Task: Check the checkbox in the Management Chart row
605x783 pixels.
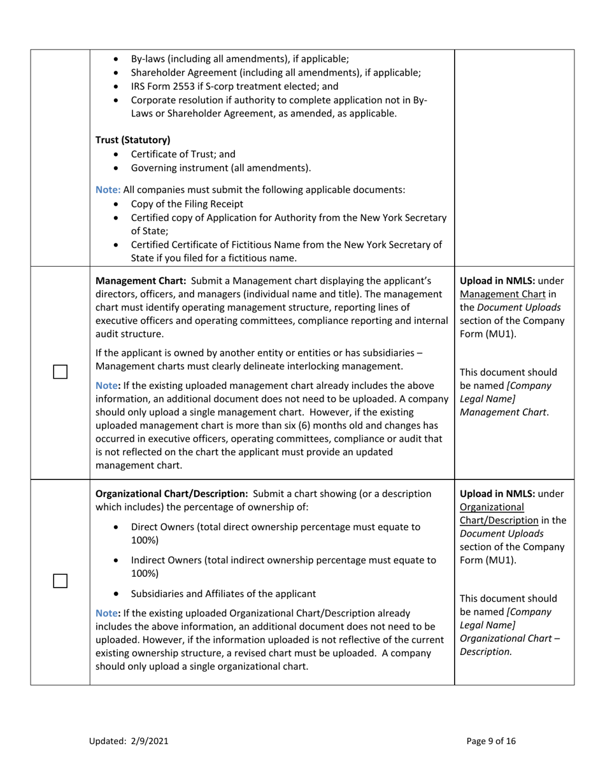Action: click(x=60, y=372)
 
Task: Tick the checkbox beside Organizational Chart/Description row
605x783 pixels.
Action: click(x=60, y=581)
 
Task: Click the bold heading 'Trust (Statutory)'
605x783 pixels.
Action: click(x=132, y=140)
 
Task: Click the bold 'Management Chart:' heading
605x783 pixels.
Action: click(x=139, y=280)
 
